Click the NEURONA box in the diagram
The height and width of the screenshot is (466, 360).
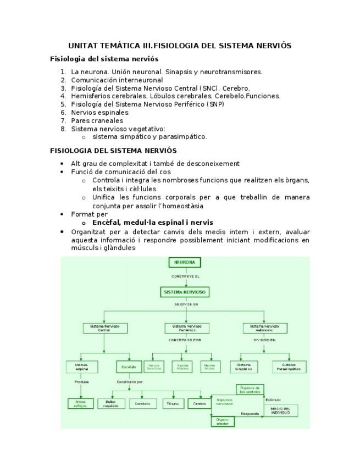[x=185, y=263]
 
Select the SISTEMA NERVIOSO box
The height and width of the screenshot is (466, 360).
[x=185, y=292]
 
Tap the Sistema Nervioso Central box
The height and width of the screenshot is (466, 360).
[x=104, y=328]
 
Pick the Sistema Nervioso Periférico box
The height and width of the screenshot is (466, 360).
[x=186, y=328]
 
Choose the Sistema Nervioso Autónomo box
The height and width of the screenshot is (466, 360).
[x=265, y=328]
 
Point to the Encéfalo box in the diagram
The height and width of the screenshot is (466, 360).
[x=129, y=367]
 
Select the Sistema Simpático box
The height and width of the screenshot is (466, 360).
[x=243, y=367]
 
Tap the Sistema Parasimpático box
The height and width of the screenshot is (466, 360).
[x=289, y=367]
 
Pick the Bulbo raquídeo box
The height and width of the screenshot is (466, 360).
[x=111, y=404]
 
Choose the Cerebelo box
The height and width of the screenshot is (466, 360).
[x=142, y=404]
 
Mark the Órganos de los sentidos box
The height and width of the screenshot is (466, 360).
[x=251, y=390]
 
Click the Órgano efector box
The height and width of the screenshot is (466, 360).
[x=223, y=421]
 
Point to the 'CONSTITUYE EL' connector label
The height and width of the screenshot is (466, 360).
[x=185, y=276]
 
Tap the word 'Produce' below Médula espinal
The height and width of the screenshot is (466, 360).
[x=81, y=381]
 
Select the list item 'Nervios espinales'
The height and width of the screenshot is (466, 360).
[x=99, y=113]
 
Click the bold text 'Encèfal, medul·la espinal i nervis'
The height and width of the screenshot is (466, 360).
[x=153, y=223]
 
